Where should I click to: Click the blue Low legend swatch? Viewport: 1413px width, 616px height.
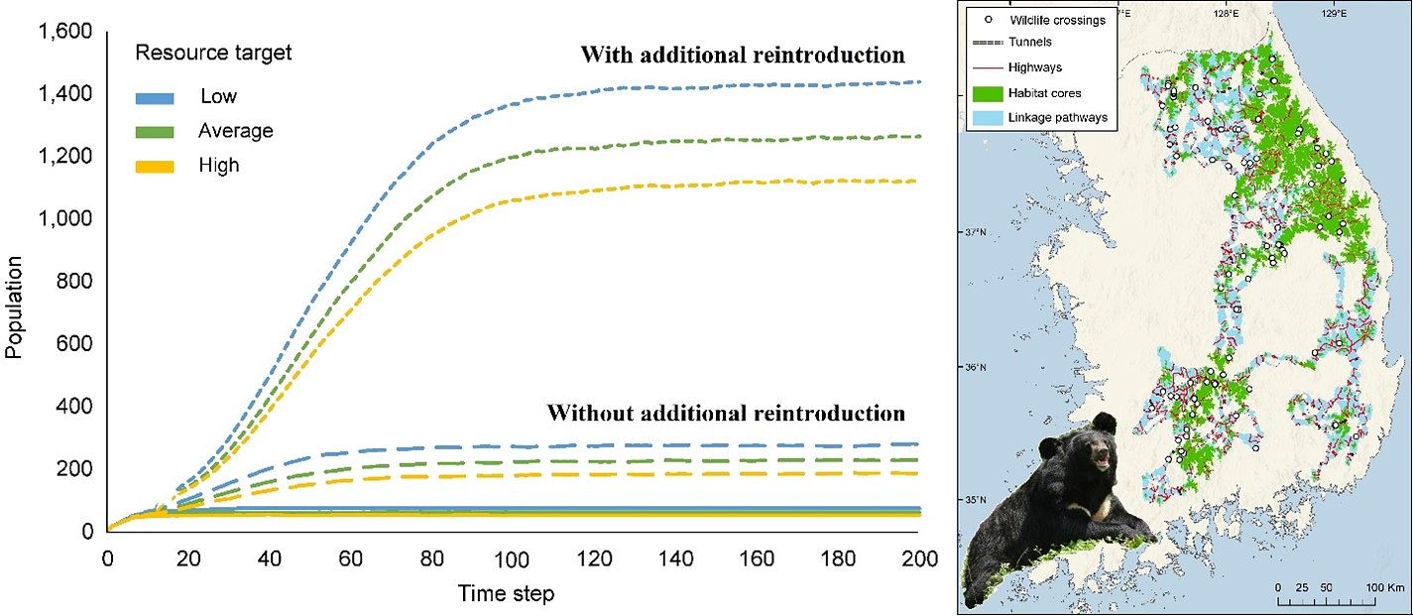click(155, 97)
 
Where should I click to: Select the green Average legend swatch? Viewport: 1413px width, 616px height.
click(155, 131)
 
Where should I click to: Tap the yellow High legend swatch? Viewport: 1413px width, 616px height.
click(155, 166)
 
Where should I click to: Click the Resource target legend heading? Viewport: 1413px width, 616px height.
click(213, 53)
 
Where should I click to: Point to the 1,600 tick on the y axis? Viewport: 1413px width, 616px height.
click(64, 32)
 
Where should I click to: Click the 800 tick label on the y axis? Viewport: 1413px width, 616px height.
click(75, 282)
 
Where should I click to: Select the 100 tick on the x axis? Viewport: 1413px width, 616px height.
click(512, 559)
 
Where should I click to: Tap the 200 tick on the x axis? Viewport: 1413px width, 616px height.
click(918, 559)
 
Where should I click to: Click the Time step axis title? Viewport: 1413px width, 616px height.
click(506, 594)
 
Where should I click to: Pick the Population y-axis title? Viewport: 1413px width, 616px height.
click(15, 307)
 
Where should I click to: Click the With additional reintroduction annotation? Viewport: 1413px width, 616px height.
click(743, 56)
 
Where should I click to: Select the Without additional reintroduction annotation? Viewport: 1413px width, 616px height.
click(726, 413)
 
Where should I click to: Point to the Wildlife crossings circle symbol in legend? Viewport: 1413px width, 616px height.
click(986, 20)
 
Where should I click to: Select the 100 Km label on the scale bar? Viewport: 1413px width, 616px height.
click(1385, 588)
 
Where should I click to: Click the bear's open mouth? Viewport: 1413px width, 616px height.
click(1098, 459)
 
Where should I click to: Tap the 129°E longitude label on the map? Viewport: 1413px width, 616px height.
click(1333, 15)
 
